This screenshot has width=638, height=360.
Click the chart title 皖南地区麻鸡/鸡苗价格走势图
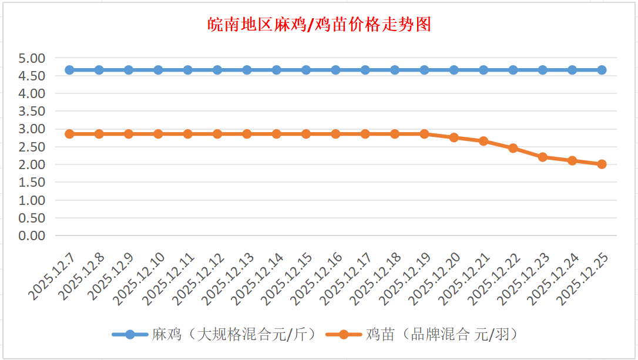[320, 25]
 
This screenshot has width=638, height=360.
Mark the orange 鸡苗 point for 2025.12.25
[602, 164]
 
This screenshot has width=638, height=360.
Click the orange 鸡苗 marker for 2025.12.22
[513, 148]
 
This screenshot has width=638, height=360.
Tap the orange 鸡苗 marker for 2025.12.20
[454, 137]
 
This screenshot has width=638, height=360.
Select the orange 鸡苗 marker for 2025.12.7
[69, 134]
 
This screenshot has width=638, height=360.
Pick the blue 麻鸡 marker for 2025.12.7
[69, 70]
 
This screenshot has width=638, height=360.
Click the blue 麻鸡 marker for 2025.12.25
[602, 70]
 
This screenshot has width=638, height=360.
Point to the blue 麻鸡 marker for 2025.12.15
[306, 70]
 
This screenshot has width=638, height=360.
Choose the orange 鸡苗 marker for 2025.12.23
[543, 157]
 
